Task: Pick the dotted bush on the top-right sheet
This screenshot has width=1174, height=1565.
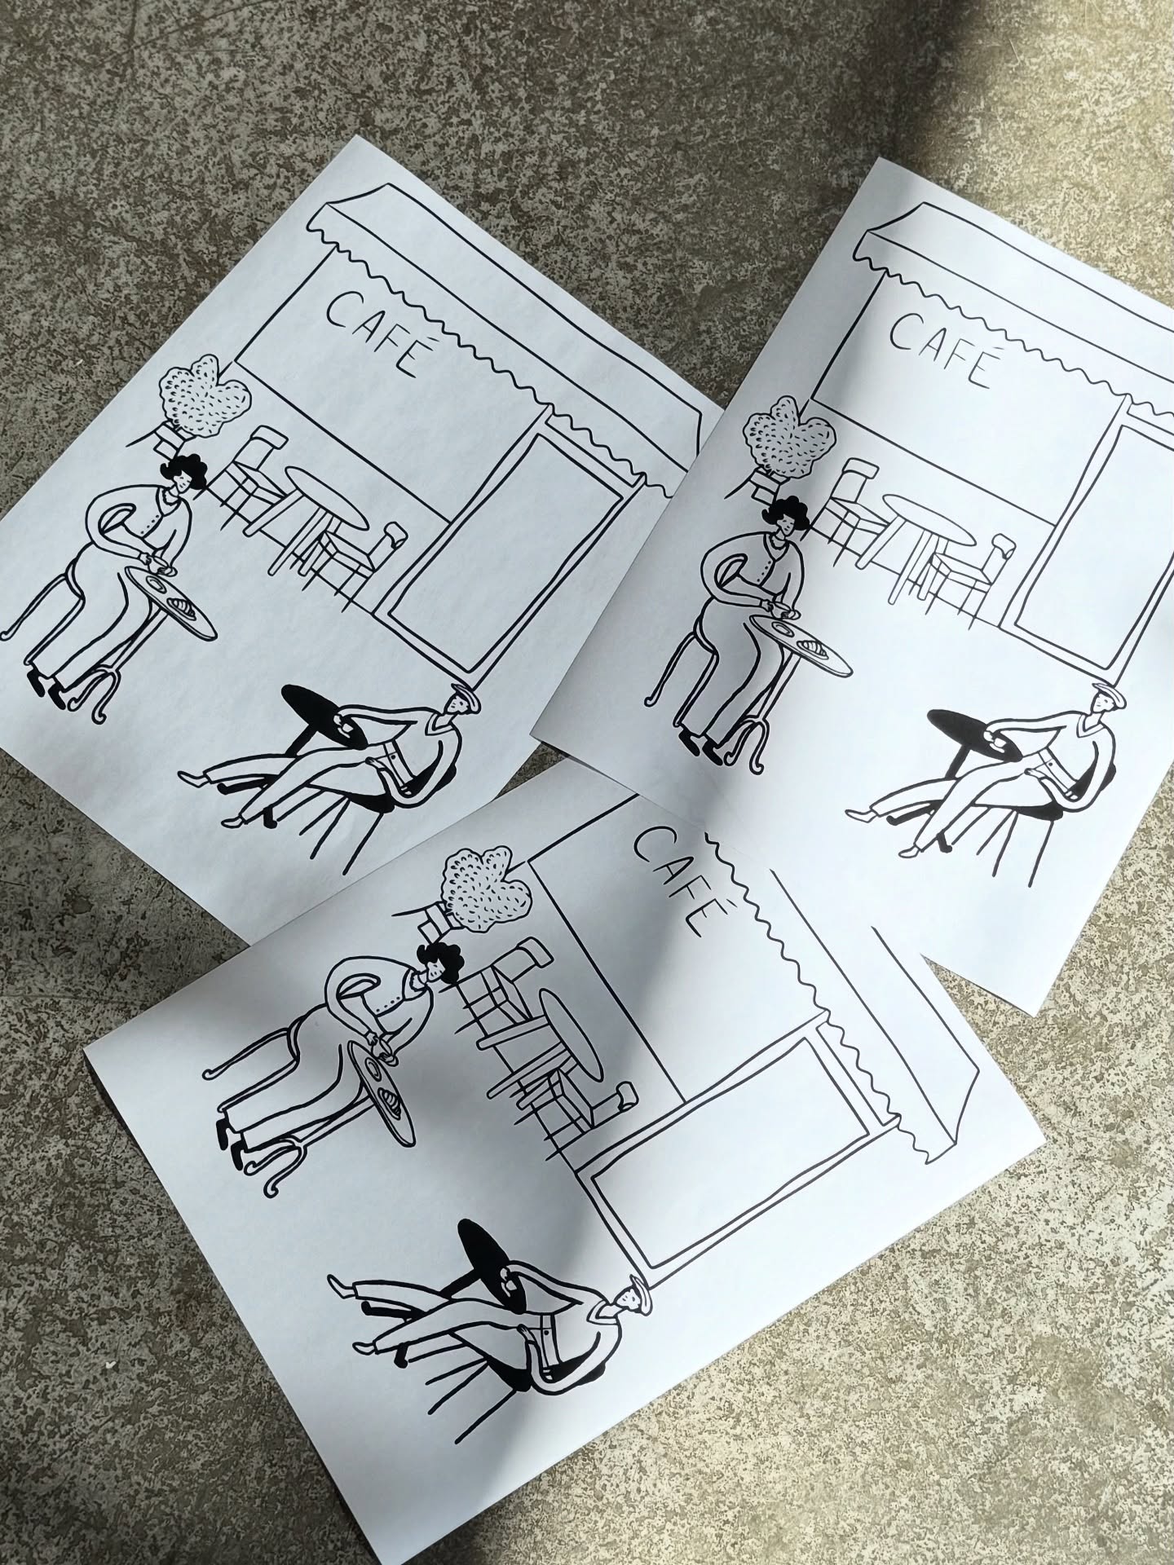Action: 790,437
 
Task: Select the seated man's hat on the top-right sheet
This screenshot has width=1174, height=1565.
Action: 1101,694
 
